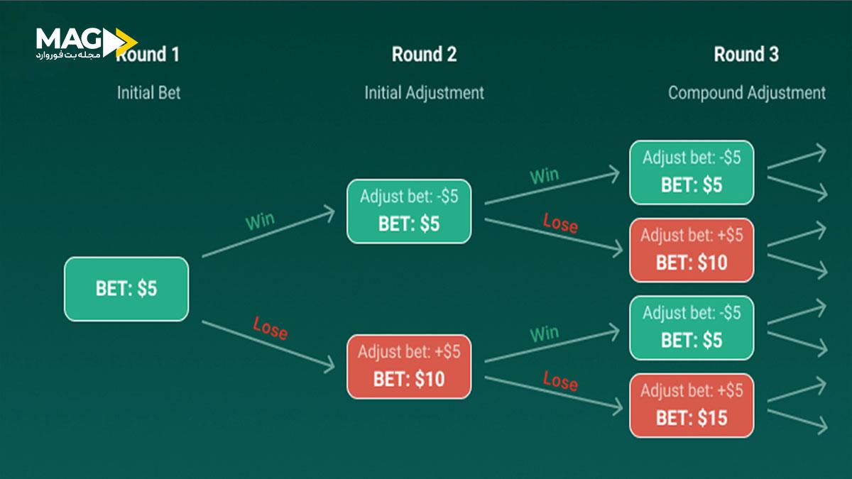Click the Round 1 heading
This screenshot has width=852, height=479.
[148, 54]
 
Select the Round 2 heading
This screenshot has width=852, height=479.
[424, 54]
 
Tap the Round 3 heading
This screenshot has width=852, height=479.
[745, 54]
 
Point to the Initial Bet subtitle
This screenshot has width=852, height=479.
[148, 93]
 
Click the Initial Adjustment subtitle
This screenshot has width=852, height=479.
[424, 93]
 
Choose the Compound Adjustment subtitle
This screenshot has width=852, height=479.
[746, 93]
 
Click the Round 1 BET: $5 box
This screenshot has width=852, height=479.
[126, 289]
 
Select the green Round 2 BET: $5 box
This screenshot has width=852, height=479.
[409, 211]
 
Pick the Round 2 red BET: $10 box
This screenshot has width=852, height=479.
[409, 367]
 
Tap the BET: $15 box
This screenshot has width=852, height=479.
[692, 405]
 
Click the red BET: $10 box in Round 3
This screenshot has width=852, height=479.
[692, 250]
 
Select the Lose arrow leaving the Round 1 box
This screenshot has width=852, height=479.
[268, 346]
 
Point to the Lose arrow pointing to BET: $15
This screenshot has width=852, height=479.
[550, 393]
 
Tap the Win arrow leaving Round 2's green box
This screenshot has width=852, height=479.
[550, 187]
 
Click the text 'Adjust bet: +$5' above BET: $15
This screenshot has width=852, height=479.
[692, 390]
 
